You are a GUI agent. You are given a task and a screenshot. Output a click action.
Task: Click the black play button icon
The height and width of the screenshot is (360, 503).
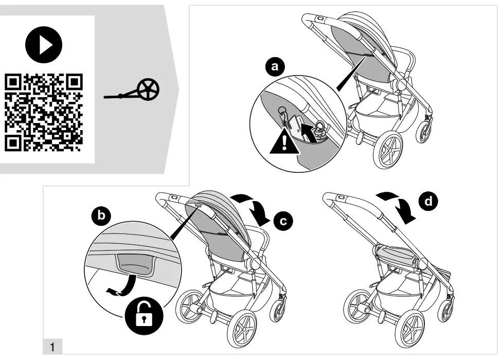click(44, 44)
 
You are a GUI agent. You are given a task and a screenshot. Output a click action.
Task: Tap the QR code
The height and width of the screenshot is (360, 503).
click(44, 113)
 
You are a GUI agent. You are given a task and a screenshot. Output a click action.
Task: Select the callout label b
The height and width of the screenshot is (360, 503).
click(101, 215)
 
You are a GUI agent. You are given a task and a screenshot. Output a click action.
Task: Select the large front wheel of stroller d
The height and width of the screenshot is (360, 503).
click(414, 329)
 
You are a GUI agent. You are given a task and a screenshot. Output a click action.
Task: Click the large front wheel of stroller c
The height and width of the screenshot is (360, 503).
click(246, 330)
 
